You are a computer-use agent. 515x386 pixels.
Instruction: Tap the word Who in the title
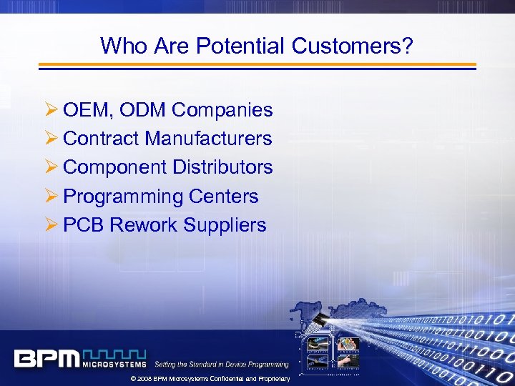124,46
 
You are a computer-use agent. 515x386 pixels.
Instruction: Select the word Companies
222,111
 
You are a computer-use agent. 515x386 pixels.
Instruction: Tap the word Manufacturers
208,139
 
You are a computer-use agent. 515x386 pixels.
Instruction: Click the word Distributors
222,167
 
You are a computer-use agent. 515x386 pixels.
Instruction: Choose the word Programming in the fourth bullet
123,197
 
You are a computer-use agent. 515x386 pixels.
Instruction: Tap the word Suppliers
225,226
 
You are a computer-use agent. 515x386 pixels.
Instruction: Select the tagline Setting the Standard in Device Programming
222,365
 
